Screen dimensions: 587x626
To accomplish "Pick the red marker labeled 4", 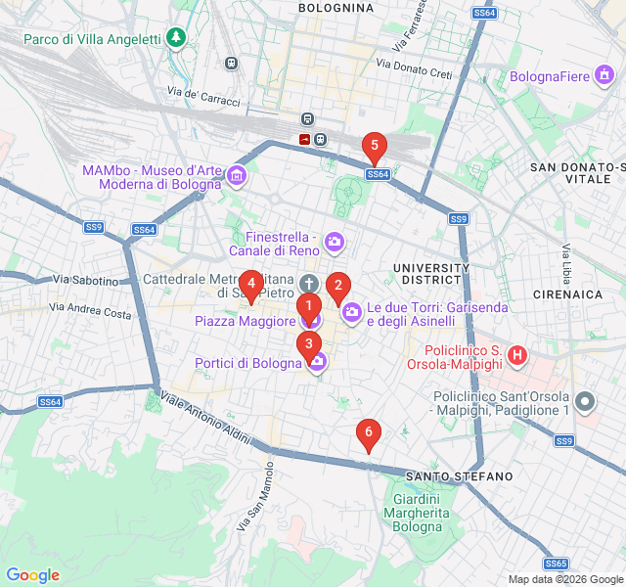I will point(251,286).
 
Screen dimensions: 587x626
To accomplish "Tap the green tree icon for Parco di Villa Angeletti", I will point(175,38).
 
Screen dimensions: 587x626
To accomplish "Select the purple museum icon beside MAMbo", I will point(236,176).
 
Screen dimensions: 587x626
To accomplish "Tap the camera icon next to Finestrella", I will point(335,242).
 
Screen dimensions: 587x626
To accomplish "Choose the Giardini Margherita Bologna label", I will point(417,513).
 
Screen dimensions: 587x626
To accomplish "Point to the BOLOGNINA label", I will point(335,8).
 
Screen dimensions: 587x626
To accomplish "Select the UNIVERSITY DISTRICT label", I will point(431,274).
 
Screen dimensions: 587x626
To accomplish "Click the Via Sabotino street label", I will point(85,281).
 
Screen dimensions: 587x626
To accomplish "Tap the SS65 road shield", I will point(557,564).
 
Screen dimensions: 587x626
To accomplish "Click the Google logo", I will point(32,575).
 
